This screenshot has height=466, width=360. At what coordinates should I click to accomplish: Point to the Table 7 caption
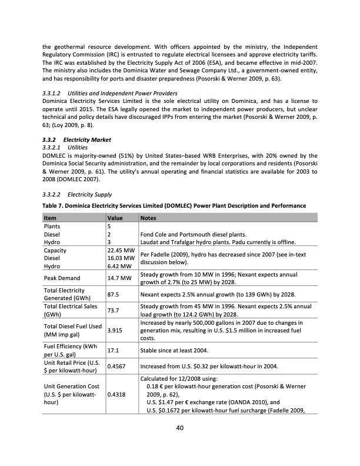(x=174, y=205)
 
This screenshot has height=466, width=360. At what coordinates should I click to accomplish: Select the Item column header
(x=51, y=217)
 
